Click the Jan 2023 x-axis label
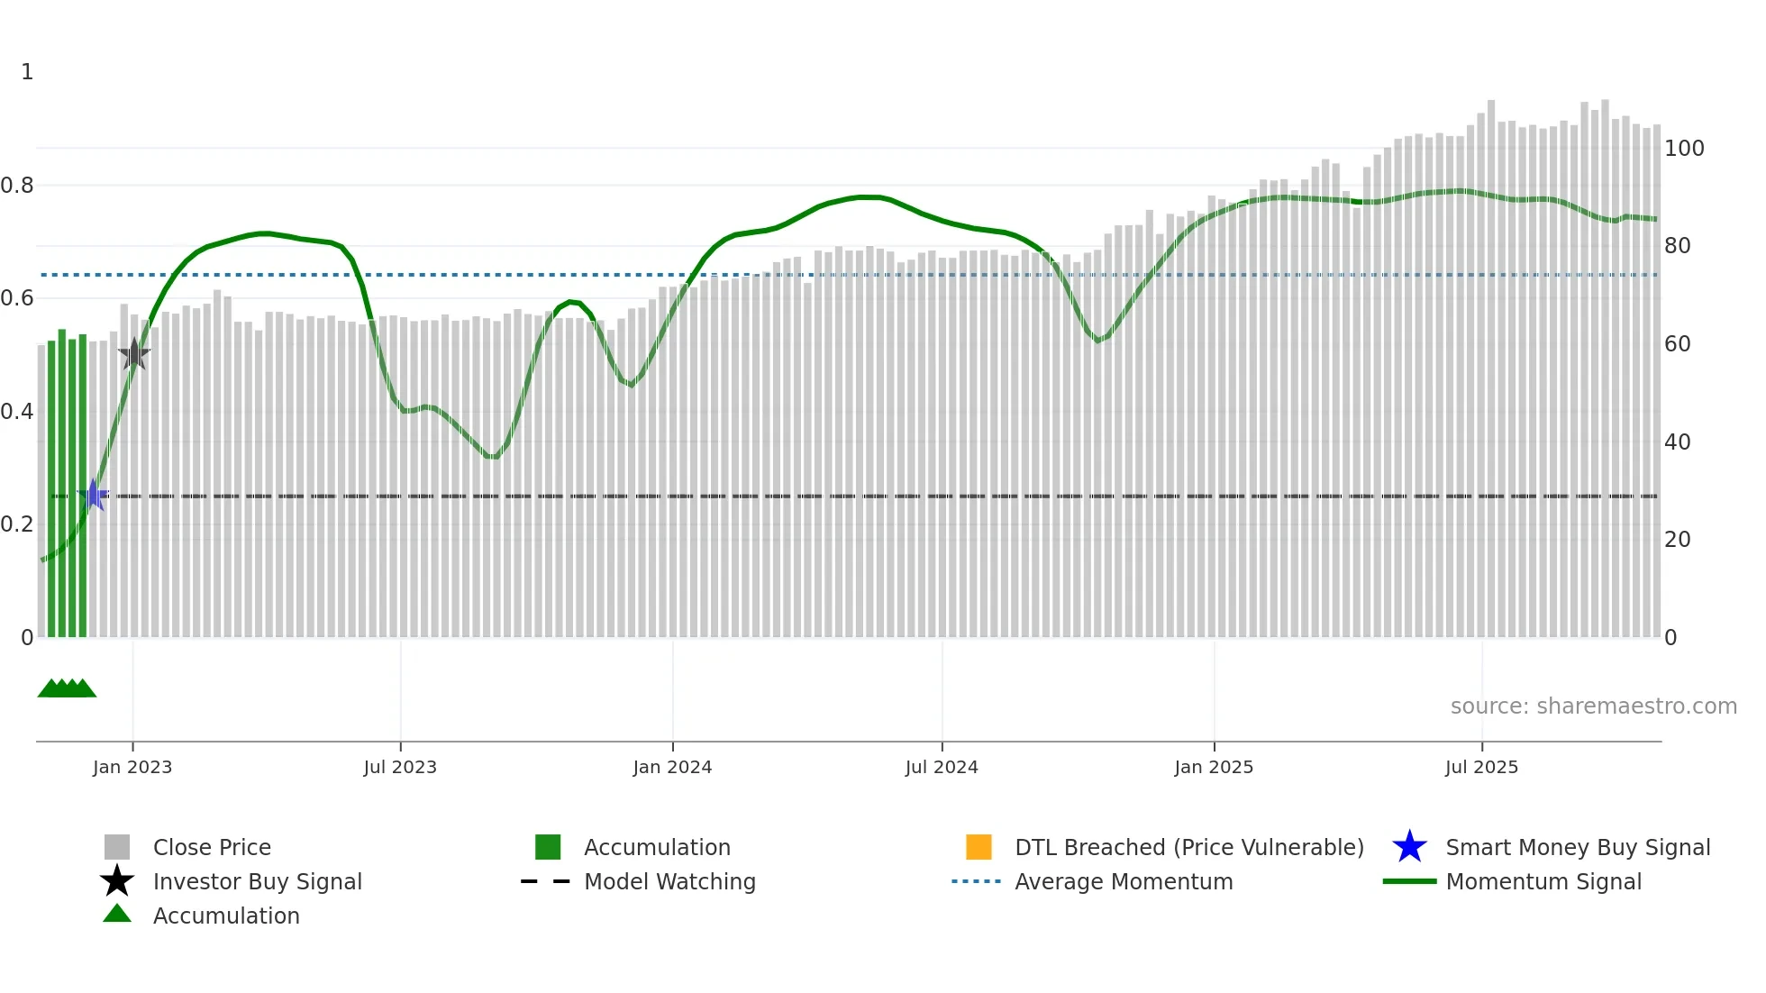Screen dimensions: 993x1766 pyautogui.click(x=132, y=767)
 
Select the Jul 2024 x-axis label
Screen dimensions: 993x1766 pyautogui.click(x=942, y=767)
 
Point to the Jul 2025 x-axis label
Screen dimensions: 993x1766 pyautogui.click(x=1481, y=767)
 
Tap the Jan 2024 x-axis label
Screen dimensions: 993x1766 pyautogui.click(x=672, y=767)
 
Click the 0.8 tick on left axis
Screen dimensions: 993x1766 pyautogui.click(x=17, y=186)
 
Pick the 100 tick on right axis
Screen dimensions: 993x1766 pyautogui.click(x=1684, y=149)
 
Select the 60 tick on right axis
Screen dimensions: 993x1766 pyautogui.click(x=1677, y=344)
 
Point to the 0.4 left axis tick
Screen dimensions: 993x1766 pyautogui.click(x=17, y=412)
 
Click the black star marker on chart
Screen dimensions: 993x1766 pyautogui.click(x=134, y=354)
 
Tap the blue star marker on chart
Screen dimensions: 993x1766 pyautogui.click(x=94, y=495)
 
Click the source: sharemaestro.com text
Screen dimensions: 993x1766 pyautogui.click(x=1593, y=706)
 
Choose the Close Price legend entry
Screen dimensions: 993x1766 pyautogui.click(x=212, y=848)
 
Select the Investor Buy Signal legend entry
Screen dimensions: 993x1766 pyautogui.click(x=257, y=882)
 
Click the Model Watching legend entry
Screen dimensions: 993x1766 pyautogui.click(x=669, y=882)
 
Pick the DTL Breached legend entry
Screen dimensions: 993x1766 pyautogui.click(x=1188, y=848)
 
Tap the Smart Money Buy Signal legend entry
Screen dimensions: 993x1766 pyautogui.click(x=1578, y=848)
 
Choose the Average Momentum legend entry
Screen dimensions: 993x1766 pyautogui.click(x=1124, y=882)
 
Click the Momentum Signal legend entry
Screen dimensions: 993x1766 pyautogui.click(x=1543, y=882)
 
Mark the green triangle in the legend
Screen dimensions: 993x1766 pyautogui.click(x=117, y=914)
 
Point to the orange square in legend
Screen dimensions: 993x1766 pyautogui.click(x=979, y=847)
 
